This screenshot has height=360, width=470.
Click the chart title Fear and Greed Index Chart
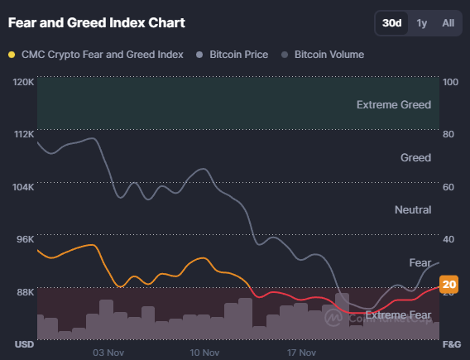96,22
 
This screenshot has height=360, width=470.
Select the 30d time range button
392,23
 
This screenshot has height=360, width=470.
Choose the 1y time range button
422,23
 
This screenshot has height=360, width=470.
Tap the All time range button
448,23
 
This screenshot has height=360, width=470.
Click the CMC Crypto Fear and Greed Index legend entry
101,55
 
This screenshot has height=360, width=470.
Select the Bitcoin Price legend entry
237,55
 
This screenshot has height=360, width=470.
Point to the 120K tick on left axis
23,82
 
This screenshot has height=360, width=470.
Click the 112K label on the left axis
23,134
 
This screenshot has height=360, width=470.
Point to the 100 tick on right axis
451,82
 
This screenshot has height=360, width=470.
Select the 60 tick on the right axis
449,187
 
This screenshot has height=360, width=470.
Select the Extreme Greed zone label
393,105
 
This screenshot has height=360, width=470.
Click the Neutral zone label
412,210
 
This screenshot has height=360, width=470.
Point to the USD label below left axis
23,343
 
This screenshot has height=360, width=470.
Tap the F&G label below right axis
452,343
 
